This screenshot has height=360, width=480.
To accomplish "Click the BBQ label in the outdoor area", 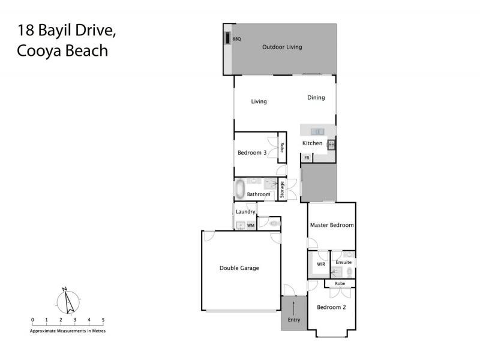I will pos(236,38).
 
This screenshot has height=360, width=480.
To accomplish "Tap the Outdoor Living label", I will pos(282,47).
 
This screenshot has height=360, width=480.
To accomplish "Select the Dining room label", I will pos(316,97).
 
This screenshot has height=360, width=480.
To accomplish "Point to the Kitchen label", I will pos(312,143).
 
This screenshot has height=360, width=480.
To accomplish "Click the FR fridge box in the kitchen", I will pos(307,158).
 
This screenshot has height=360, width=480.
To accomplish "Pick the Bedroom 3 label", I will pos(252,153).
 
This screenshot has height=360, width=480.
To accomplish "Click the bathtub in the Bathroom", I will pos(240,189).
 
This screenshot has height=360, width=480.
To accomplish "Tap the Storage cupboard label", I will pos(282,190).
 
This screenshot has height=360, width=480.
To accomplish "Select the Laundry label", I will pos(246,212).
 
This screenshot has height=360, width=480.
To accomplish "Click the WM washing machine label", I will pos(251,226).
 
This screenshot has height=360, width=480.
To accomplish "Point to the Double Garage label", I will pos(239,268).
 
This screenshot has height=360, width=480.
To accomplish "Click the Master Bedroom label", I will pos(331,226).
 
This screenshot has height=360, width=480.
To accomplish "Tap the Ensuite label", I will pos(344,263).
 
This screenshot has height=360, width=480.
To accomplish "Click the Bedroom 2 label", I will pos(331,307).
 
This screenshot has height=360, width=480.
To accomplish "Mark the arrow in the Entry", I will pos(293,309).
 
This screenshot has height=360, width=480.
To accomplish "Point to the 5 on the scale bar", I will pos(103,320).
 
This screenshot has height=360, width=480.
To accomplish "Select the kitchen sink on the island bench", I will pos(317,131).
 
